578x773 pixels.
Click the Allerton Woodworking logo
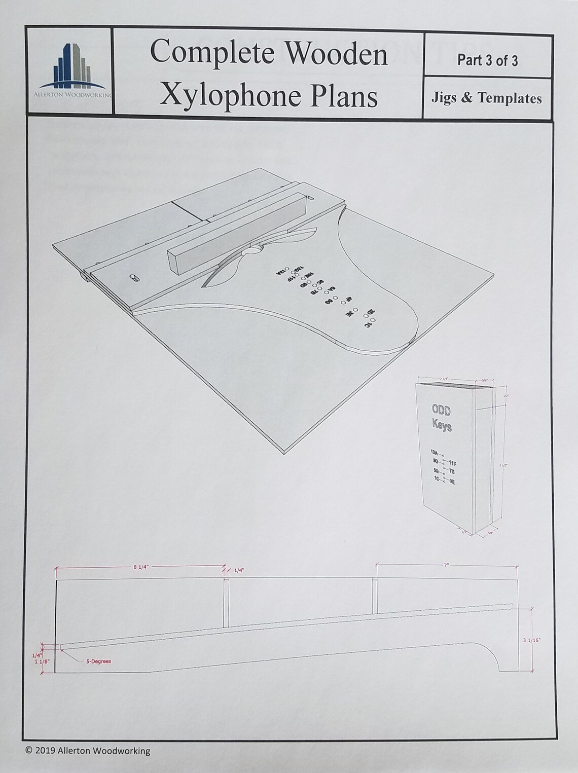pos(69,71)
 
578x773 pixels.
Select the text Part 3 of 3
pos(487,60)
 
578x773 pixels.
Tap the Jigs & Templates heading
pos(486,98)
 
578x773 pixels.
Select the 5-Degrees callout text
pos(98,661)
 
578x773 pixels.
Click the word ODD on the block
pos(441,410)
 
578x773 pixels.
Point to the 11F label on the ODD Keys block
pos(453,463)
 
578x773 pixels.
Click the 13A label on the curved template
pos(281,272)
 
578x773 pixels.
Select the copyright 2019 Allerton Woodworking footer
pos(87,750)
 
